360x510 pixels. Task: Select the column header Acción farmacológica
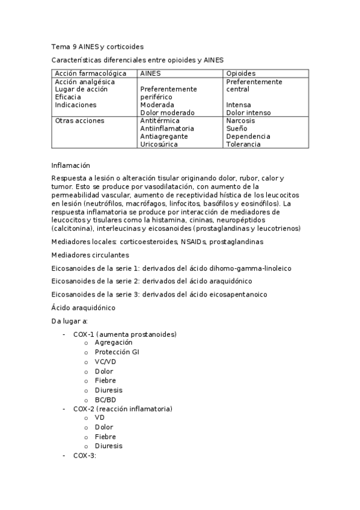point(90,73)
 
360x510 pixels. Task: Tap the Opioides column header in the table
point(240,73)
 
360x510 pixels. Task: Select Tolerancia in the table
point(243,144)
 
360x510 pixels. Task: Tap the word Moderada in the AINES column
point(157,105)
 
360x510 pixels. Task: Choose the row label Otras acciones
point(79,120)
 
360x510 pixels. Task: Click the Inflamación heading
point(70,164)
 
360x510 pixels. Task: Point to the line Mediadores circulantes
point(90,254)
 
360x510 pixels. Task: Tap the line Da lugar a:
point(70,321)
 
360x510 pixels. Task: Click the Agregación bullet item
point(113,342)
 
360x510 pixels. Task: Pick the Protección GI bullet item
point(117,352)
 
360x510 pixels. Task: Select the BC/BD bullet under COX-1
point(105,399)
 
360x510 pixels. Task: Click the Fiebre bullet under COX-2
point(105,437)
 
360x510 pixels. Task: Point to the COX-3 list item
point(85,455)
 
